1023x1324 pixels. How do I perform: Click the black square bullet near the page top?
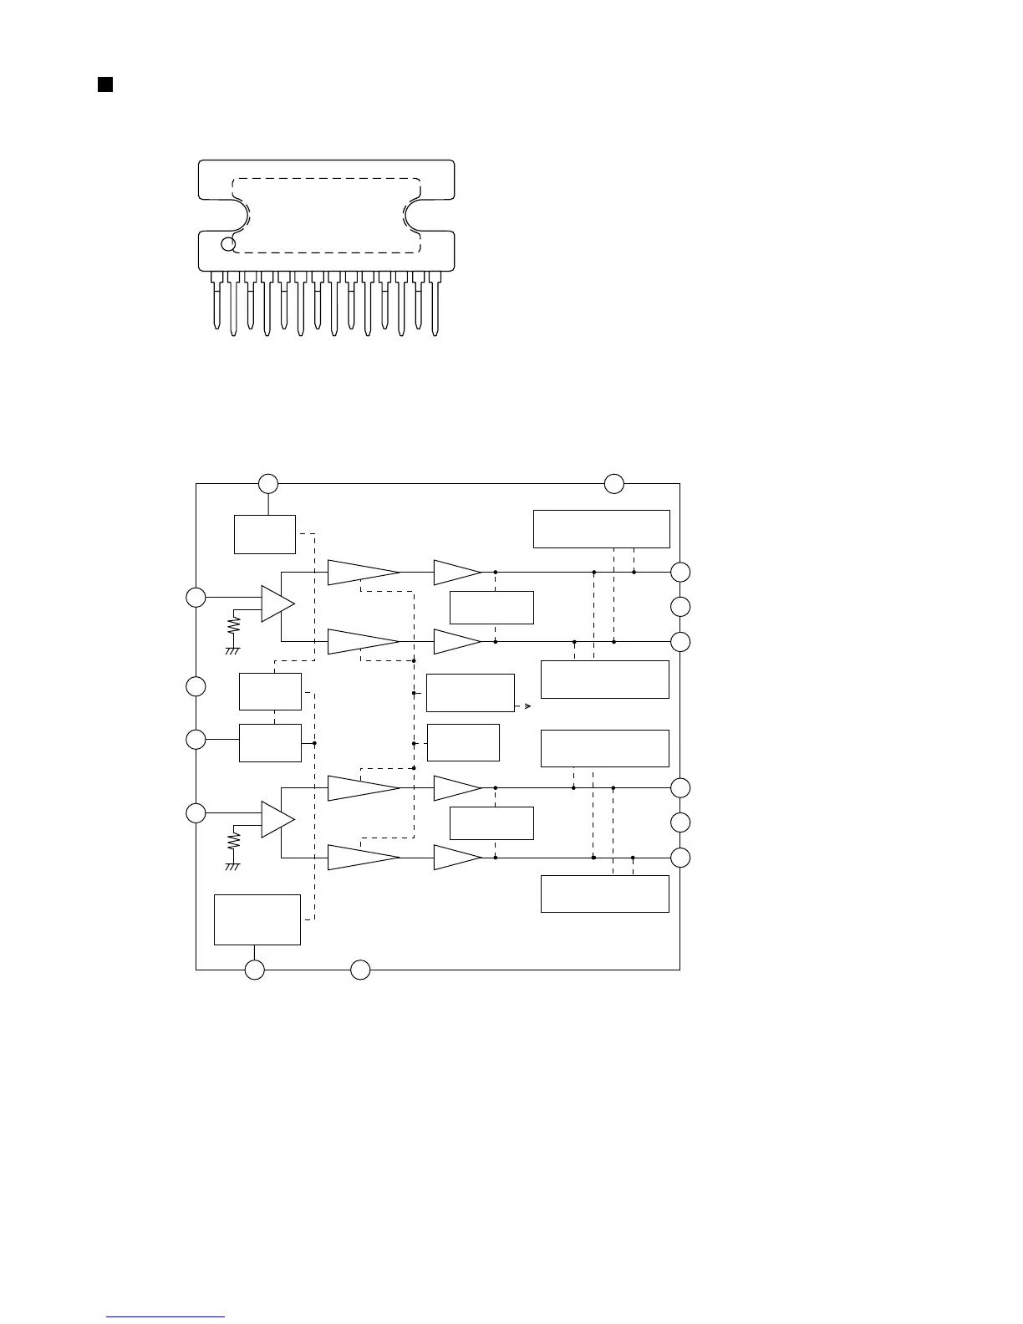point(105,84)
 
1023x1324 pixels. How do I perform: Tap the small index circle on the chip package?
point(227,244)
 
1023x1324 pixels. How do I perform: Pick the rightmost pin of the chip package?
point(435,304)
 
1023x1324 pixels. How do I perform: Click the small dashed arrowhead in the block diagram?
point(528,706)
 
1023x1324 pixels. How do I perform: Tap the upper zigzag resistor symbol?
point(234,626)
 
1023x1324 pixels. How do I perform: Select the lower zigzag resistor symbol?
point(234,841)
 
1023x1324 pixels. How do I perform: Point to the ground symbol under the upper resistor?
point(233,649)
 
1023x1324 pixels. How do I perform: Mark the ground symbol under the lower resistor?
point(233,866)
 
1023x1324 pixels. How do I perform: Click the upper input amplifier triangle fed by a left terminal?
point(277,603)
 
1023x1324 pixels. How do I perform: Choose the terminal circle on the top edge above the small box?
point(267,483)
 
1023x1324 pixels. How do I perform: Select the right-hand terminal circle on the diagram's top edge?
point(614,483)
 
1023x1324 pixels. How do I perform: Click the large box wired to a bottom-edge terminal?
point(257,919)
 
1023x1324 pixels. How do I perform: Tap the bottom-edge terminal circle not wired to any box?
point(360,970)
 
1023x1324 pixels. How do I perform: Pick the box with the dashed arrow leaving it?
point(471,693)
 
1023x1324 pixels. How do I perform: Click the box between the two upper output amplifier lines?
point(491,607)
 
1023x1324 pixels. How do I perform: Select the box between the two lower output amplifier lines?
point(491,823)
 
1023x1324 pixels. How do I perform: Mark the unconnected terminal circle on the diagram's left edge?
point(196,686)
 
